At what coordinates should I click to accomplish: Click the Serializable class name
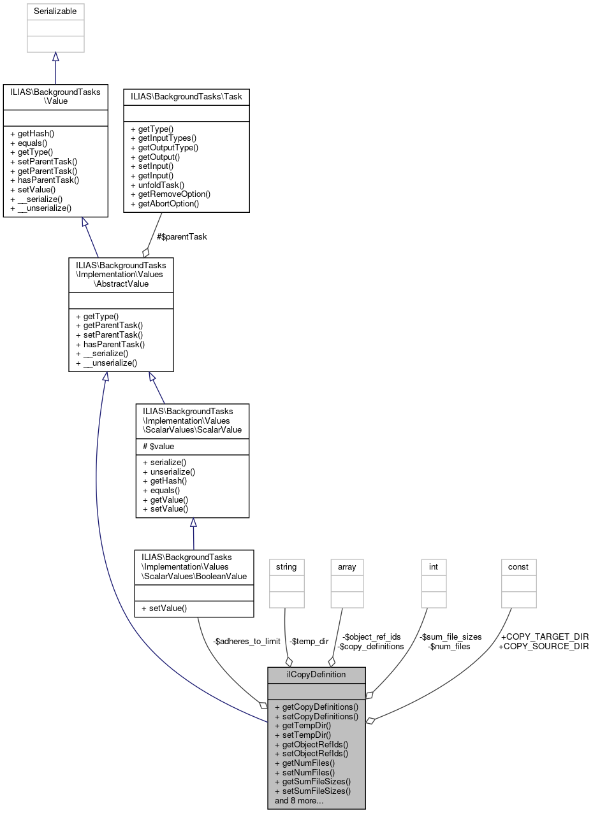click(x=55, y=11)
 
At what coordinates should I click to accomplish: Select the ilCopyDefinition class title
click(x=316, y=674)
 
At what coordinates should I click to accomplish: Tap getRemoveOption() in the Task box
click(x=170, y=194)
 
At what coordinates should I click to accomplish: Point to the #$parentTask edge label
click(x=182, y=236)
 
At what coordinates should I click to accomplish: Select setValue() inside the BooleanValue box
click(x=161, y=608)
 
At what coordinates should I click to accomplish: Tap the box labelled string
click(x=286, y=583)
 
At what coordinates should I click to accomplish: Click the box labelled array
click(x=347, y=583)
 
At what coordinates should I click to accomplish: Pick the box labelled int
click(x=434, y=583)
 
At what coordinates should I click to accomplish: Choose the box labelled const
click(x=518, y=583)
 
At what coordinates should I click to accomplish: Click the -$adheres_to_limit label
click(x=247, y=641)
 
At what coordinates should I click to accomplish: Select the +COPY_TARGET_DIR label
click(x=543, y=637)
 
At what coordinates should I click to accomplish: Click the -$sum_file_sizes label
click(x=451, y=637)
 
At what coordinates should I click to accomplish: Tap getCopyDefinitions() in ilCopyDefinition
click(x=316, y=707)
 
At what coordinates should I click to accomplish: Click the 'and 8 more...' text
click(x=299, y=800)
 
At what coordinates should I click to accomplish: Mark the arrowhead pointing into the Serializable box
click(x=55, y=57)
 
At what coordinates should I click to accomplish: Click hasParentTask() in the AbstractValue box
click(x=110, y=344)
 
